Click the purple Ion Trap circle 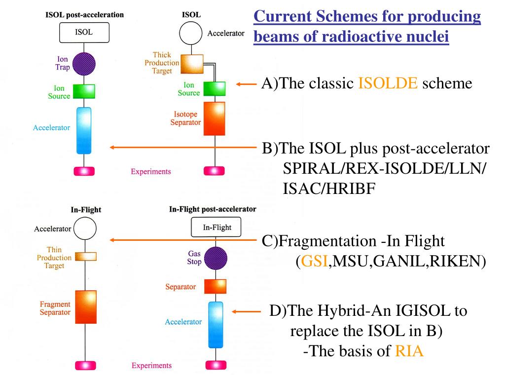click(x=84, y=64)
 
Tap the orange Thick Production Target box click(x=192, y=64)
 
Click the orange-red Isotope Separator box click(x=214, y=118)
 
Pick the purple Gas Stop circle click(x=216, y=258)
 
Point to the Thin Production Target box click(x=86, y=257)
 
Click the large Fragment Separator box click(x=86, y=307)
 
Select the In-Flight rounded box click(x=216, y=227)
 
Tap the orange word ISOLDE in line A click(x=388, y=83)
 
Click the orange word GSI click(x=314, y=261)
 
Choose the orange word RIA click(x=409, y=351)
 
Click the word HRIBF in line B click(x=329, y=189)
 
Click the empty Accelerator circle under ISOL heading click(x=191, y=33)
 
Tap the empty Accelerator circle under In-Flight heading click(x=85, y=228)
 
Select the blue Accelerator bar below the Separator click(x=216, y=325)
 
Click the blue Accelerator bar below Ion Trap click(x=84, y=130)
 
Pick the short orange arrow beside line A click(x=246, y=84)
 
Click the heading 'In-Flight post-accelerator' click(x=213, y=209)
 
